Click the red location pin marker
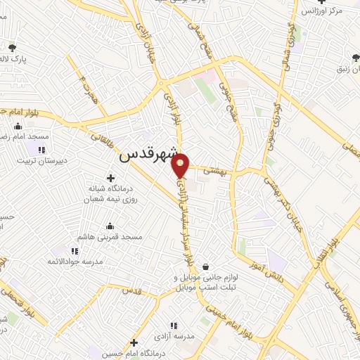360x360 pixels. tap(181, 165)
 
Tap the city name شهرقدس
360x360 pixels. tap(146, 155)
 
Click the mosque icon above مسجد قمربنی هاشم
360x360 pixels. tap(110, 226)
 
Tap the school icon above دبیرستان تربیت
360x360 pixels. tap(41, 149)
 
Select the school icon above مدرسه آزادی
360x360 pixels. tap(174, 325)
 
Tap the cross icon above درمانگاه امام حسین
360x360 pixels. tap(134, 343)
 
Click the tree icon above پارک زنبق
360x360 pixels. tap(349, 58)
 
